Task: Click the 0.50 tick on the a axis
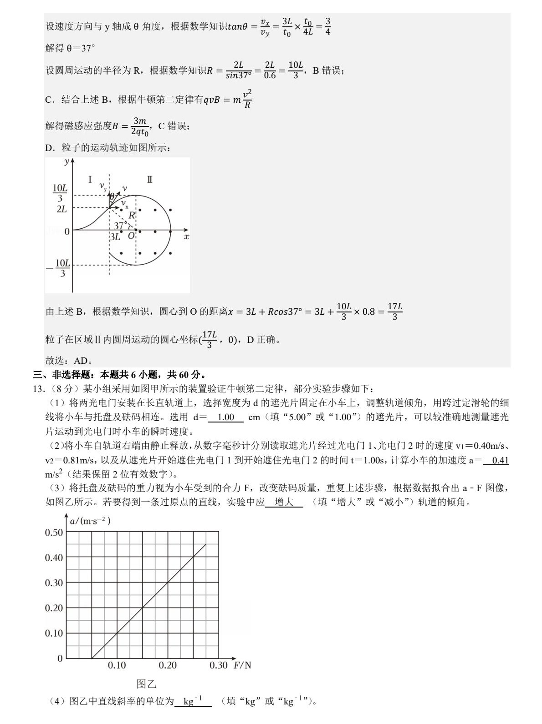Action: tap(54, 532)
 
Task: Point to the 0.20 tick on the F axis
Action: tap(168, 665)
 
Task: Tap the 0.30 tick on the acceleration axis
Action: tap(54, 583)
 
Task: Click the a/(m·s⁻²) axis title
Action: tap(90, 521)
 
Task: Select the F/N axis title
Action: tap(242, 665)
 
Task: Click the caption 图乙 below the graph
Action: tap(146, 684)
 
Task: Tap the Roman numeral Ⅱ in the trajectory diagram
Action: tap(149, 180)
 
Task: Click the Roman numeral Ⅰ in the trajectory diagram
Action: tap(90, 180)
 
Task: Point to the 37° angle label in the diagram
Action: tap(120, 226)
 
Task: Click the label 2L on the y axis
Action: tap(61, 209)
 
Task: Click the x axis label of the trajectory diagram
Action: tap(186, 237)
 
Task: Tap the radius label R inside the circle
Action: tap(132, 215)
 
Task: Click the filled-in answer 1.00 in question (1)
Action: tap(226, 417)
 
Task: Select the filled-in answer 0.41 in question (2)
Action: tap(500, 460)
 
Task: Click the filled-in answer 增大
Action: tap(284, 502)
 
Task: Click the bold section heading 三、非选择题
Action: tap(61, 375)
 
